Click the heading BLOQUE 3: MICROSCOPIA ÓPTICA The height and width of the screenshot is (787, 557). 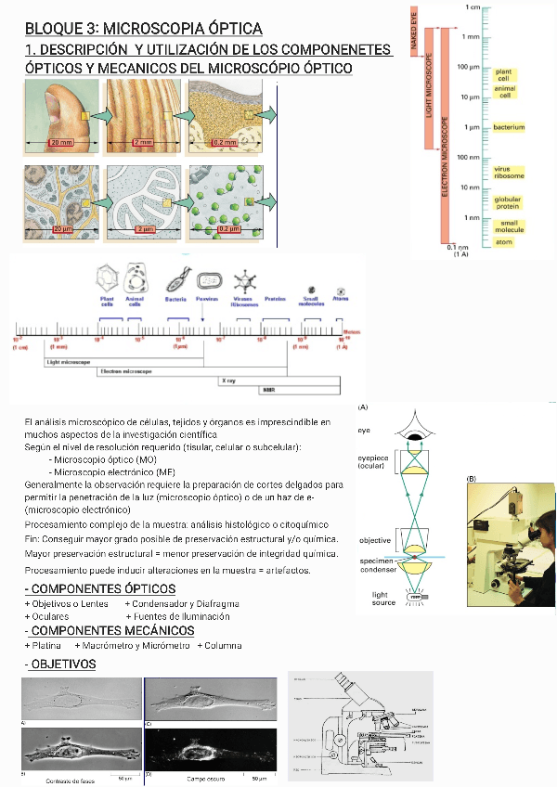click(144, 30)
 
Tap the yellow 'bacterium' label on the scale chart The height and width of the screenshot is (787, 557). click(509, 127)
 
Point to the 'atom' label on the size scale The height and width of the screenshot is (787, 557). click(503, 242)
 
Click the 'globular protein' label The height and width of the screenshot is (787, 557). click(508, 202)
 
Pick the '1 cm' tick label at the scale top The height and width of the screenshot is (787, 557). click(473, 7)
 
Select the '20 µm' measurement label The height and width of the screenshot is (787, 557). click(61, 228)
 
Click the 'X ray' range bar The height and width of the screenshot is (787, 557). click(227, 381)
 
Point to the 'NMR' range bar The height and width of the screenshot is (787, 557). click(268, 391)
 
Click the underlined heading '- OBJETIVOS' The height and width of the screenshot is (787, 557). click(60, 665)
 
